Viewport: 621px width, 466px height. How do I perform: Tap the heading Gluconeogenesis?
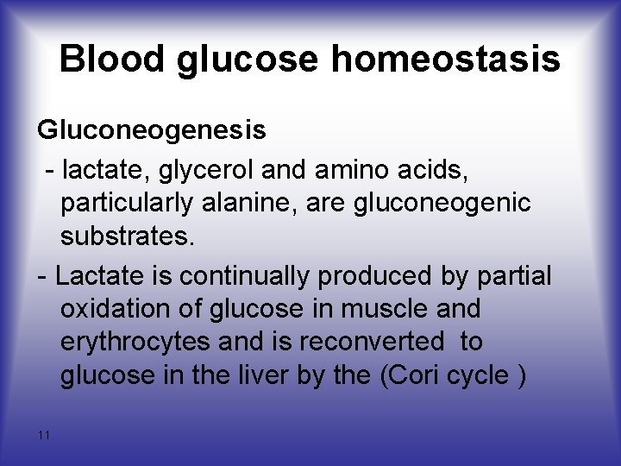point(151,130)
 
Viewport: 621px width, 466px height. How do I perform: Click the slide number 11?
point(44,435)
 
